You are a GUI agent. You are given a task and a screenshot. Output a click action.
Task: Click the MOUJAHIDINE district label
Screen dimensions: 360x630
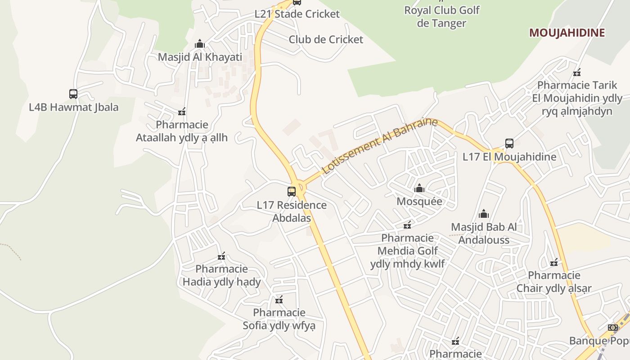[567, 32]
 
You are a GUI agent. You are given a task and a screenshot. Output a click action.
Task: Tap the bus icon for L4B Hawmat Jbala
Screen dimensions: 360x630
[73, 94]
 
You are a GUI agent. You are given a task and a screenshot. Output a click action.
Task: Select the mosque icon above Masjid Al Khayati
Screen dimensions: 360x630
[200, 44]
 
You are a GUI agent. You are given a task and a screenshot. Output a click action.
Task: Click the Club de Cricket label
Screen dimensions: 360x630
[326, 40]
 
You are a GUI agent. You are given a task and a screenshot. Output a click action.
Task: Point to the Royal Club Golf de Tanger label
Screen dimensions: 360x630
[441, 17]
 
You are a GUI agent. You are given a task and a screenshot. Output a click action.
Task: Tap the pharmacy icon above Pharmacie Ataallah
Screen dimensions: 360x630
[182, 112]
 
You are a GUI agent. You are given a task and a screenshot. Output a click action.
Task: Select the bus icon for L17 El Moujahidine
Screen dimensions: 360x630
[509, 144]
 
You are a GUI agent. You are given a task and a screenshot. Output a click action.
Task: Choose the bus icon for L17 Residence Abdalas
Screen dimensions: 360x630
[292, 191]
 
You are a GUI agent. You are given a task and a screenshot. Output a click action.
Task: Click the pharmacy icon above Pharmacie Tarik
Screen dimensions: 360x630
[577, 72]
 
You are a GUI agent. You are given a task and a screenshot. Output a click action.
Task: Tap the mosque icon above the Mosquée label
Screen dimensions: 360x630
[419, 188]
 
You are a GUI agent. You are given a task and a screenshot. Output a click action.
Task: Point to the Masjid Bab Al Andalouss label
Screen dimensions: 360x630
[484, 233]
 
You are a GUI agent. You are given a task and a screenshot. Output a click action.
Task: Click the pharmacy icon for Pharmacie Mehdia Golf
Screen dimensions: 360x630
[407, 225]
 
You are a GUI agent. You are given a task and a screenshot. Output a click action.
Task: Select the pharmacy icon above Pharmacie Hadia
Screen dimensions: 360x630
[221, 256]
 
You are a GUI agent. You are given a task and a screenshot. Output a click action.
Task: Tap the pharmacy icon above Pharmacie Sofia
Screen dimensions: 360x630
[279, 300]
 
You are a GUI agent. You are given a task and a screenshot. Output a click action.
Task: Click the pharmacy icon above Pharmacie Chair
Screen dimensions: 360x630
[554, 262]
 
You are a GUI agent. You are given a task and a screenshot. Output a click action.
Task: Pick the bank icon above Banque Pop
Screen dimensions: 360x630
[612, 328]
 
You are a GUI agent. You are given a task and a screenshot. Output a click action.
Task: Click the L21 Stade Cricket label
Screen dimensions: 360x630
[297, 14]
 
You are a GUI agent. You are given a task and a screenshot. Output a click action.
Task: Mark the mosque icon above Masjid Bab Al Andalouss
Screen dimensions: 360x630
[484, 213]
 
